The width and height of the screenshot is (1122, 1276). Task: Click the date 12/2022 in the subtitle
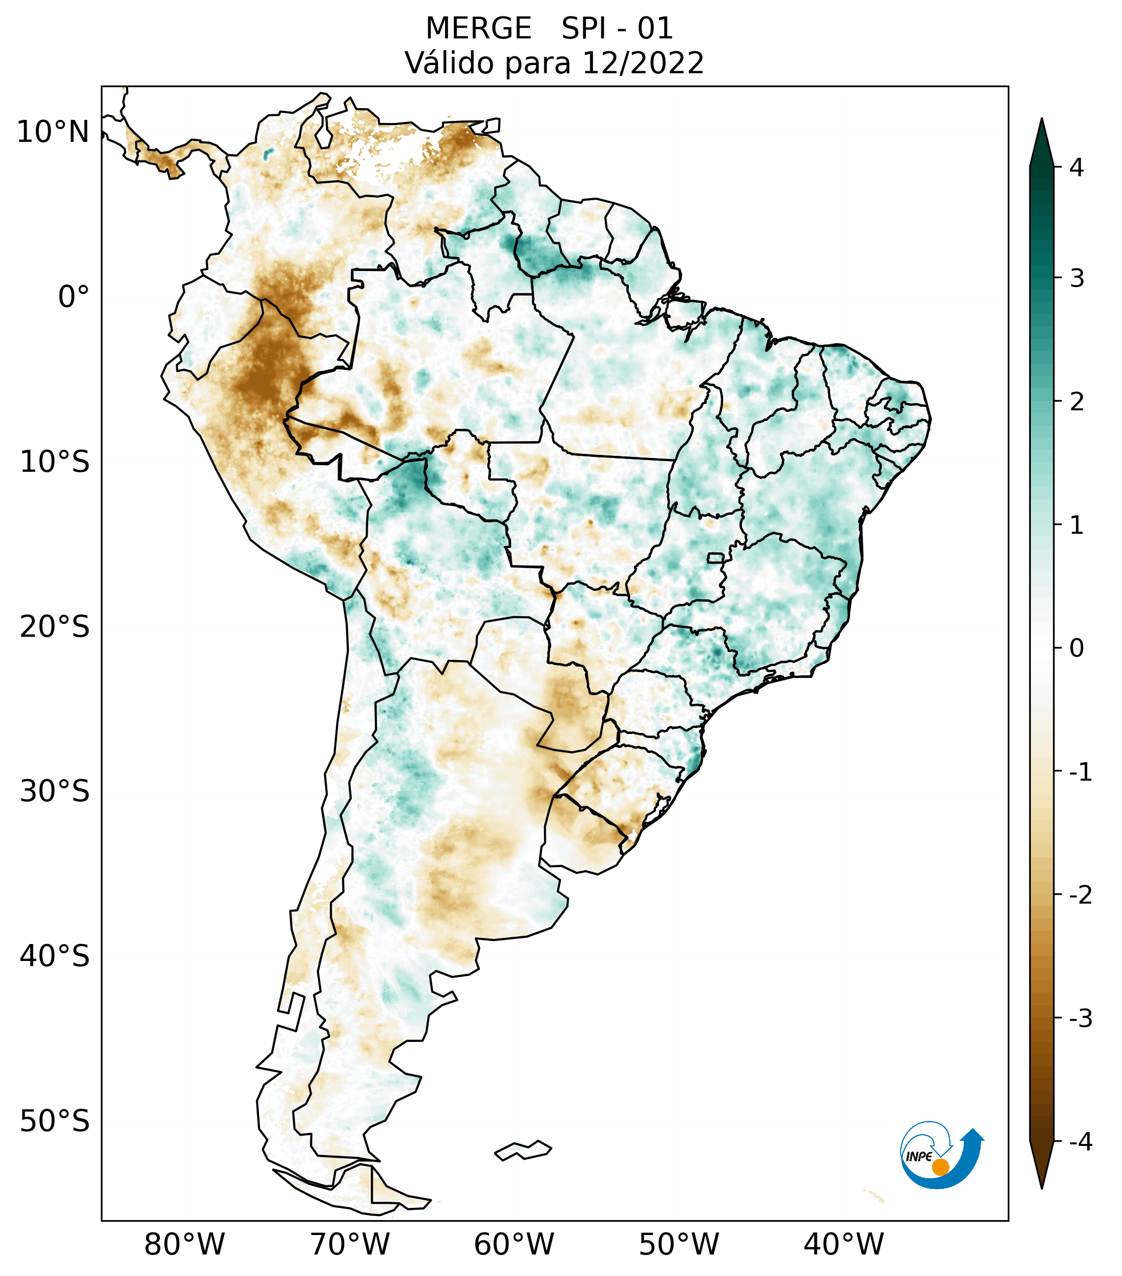(643, 63)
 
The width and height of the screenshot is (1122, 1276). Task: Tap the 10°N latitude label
(53, 132)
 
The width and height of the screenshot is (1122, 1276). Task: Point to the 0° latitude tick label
(73, 297)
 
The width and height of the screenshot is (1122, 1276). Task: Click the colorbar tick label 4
(1076, 168)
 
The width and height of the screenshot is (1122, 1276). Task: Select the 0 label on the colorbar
(1076, 649)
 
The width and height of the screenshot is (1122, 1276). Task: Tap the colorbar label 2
(1076, 402)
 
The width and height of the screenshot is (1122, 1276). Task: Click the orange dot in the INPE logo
(940, 1167)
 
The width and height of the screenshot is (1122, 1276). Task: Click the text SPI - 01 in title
(617, 29)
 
